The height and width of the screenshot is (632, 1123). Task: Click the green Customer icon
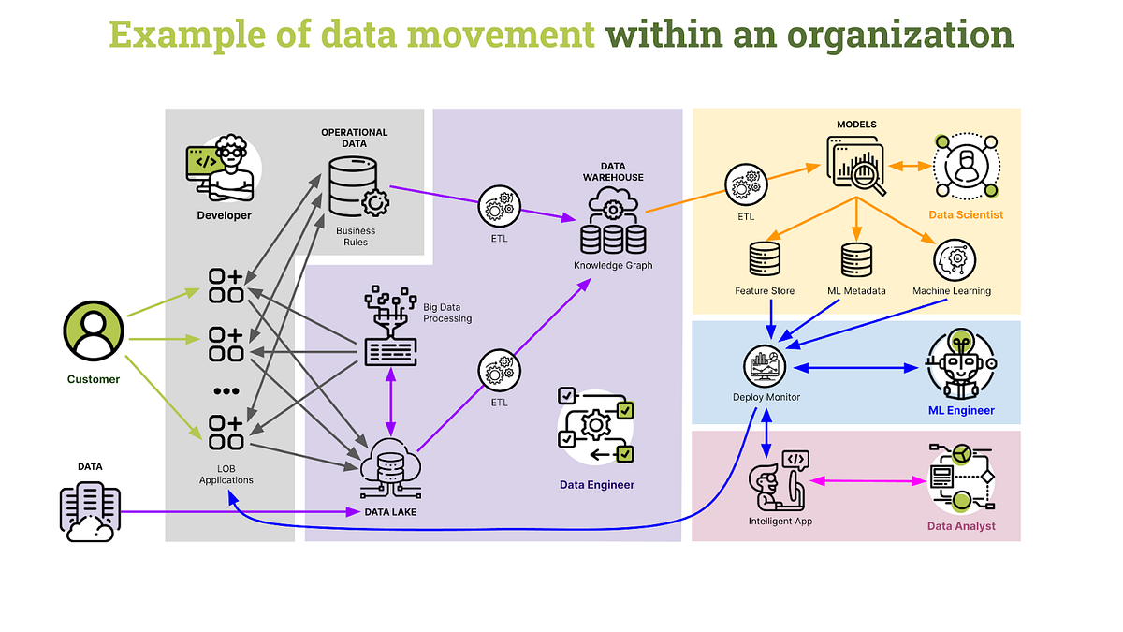93,334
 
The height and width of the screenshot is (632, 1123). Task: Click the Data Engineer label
597,484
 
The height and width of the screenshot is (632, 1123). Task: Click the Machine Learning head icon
954,259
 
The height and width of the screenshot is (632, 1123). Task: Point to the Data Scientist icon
966,167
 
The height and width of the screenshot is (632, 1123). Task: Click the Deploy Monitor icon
766,366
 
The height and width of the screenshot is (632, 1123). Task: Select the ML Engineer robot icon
960,365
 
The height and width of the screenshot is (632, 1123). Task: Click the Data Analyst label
961,526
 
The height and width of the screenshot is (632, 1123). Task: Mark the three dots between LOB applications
226,391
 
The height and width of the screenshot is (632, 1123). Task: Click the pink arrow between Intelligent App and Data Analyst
868,481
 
